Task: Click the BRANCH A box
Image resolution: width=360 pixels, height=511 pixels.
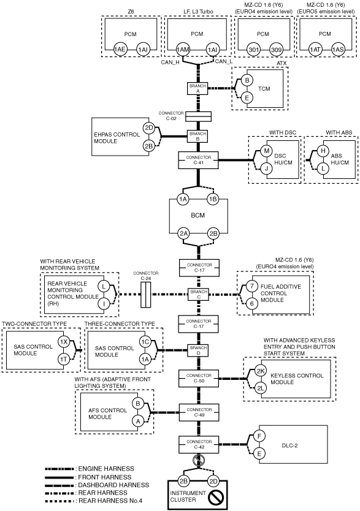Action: [x=197, y=89]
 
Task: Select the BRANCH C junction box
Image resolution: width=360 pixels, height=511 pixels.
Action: [x=198, y=294]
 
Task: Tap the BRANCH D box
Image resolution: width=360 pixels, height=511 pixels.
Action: [x=198, y=350]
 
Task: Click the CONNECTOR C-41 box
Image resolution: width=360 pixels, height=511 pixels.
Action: [x=198, y=160]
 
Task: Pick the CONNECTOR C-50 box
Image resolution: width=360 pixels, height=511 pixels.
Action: [x=199, y=379]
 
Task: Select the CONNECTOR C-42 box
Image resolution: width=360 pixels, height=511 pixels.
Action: [x=199, y=444]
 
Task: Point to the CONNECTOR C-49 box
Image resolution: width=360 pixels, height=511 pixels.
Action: [x=199, y=412]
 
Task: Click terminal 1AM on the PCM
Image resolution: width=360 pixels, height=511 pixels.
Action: [x=183, y=50]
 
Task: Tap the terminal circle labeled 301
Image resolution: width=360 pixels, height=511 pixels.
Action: [x=253, y=50]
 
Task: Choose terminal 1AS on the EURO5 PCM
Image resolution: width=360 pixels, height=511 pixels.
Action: [x=338, y=50]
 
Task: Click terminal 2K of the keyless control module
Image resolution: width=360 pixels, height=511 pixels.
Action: [x=261, y=371]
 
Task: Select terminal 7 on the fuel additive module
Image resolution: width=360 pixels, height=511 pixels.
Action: [x=251, y=287]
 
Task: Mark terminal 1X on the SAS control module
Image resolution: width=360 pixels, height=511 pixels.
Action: [x=64, y=342]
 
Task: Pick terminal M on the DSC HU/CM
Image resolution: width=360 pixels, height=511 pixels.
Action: [x=267, y=151]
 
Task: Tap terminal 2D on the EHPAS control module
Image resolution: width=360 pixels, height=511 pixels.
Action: [x=149, y=127]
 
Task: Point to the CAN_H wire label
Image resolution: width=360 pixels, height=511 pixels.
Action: [x=170, y=62]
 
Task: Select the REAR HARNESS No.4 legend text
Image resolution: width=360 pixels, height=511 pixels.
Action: [x=110, y=501]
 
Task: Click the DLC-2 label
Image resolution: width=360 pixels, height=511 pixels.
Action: [x=289, y=445]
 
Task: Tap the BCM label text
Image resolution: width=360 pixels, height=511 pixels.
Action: [x=198, y=216]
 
